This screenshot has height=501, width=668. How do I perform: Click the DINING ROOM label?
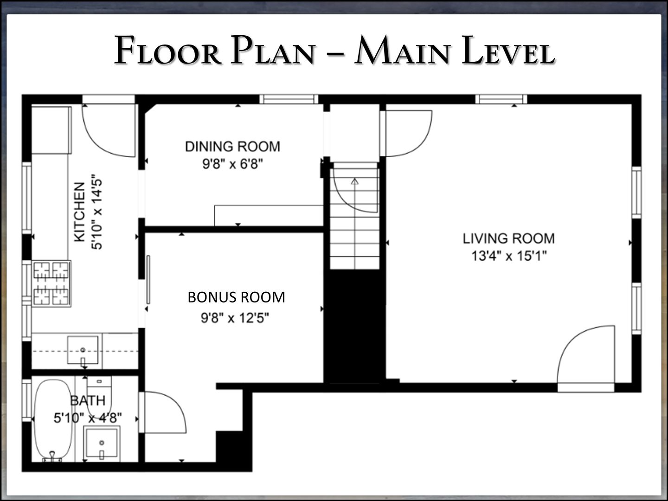tap(232, 147)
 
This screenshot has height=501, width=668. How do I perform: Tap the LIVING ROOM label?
tap(509, 238)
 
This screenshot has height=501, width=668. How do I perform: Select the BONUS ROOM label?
tap(237, 297)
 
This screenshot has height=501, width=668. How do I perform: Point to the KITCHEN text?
tap(79, 212)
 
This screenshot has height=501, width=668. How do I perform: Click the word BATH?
tap(88, 401)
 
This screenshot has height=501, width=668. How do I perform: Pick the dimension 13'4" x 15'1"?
tap(509, 256)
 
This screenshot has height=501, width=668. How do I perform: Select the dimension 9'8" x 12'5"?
tap(235, 318)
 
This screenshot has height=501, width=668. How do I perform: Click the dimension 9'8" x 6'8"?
tap(232, 164)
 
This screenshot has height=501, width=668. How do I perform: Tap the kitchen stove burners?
tap(51, 283)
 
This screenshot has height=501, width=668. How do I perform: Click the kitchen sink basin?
tap(83, 350)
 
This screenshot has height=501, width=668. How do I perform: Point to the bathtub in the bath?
tap(52, 420)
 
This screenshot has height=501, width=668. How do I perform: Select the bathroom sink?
tap(102, 443)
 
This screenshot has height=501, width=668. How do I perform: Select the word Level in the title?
tap(508, 51)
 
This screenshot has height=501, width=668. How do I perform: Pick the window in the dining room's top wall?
tap(289, 99)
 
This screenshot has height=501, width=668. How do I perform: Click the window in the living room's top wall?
tap(501, 99)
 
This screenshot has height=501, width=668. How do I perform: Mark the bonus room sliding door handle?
tap(148, 280)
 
